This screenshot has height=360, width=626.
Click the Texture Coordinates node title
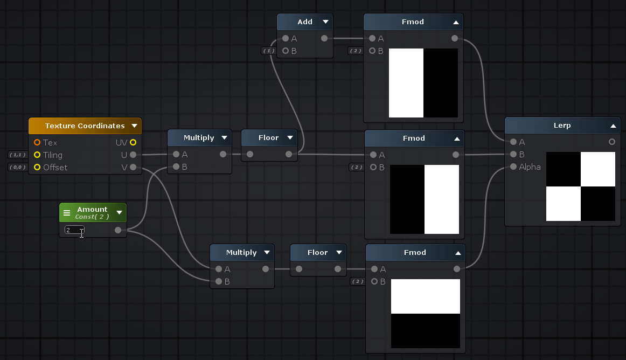pyautogui.click(x=85, y=126)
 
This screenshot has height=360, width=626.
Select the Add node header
pyautogui.click(x=304, y=22)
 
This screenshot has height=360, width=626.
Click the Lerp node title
pyautogui.click(x=562, y=126)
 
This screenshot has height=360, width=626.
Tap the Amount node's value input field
pyautogui.click(x=74, y=230)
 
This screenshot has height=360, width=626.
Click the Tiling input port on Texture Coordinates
pyautogui.click(x=37, y=155)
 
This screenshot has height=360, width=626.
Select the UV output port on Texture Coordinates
pyautogui.click(x=133, y=142)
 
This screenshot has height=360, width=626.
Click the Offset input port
pyautogui.click(x=37, y=168)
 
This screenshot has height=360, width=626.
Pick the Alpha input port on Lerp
pyautogui.click(x=513, y=167)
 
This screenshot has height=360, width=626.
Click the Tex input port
pyautogui.click(x=37, y=143)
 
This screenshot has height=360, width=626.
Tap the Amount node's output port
pyautogui.click(x=118, y=230)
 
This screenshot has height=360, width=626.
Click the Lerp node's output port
pyautogui.click(x=612, y=142)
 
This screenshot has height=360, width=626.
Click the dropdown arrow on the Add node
pyautogui.click(x=325, y=22)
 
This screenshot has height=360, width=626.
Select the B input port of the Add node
pyautogui.click(x=286, y=51)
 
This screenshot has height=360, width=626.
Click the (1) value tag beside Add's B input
pyautogui.click(x=268, y=51)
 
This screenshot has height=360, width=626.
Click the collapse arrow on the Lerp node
pyautogui.click(x=613, y=126)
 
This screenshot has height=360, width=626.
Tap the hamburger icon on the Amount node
pyautogui.click(x=67, y=213)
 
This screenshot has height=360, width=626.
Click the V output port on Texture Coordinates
pyautogui.click(x=133, y=167)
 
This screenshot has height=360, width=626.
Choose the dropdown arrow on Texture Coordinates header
pyautogui.click(x=134, y=126)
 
